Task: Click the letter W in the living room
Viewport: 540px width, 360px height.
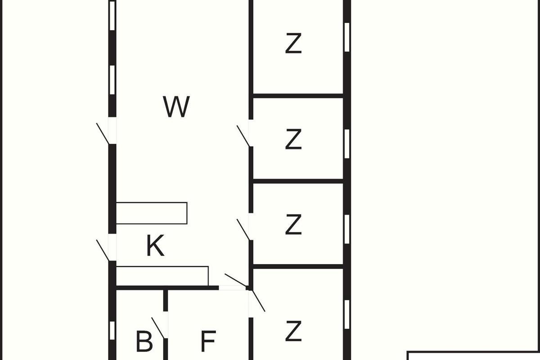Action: coord(176,107)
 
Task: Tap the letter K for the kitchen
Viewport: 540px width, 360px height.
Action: coord(156,246)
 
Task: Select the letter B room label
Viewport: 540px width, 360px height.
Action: coord(144,341)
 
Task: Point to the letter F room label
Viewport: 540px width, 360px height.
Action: coord(208,341)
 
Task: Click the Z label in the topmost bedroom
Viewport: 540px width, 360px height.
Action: coord(293,43)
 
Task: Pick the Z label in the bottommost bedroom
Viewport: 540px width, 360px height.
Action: coord(293,331)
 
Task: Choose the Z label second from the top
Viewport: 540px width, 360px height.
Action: coord(293,139)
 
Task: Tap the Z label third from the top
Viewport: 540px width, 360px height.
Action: coord(293,225)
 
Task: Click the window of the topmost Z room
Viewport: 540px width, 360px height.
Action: coord(347,37)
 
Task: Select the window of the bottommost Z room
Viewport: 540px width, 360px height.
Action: coord(347,315)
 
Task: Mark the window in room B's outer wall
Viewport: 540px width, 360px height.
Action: coord(112,331)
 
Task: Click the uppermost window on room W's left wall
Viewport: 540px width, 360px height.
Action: coord(112,16)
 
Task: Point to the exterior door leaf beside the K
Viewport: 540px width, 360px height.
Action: coord(103,250)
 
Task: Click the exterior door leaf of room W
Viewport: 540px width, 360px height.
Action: coord(103,134)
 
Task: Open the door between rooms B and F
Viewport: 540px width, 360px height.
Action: coord(158,328)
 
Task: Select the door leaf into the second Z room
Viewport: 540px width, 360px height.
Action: coord(243,136)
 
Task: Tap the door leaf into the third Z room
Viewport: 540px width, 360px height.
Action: coord(243,229)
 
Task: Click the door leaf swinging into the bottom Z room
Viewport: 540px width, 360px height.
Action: coord(258,301)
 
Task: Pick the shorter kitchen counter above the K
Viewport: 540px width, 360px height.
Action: coord(152,213)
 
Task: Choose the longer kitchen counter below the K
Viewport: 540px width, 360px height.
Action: coord(162,276)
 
